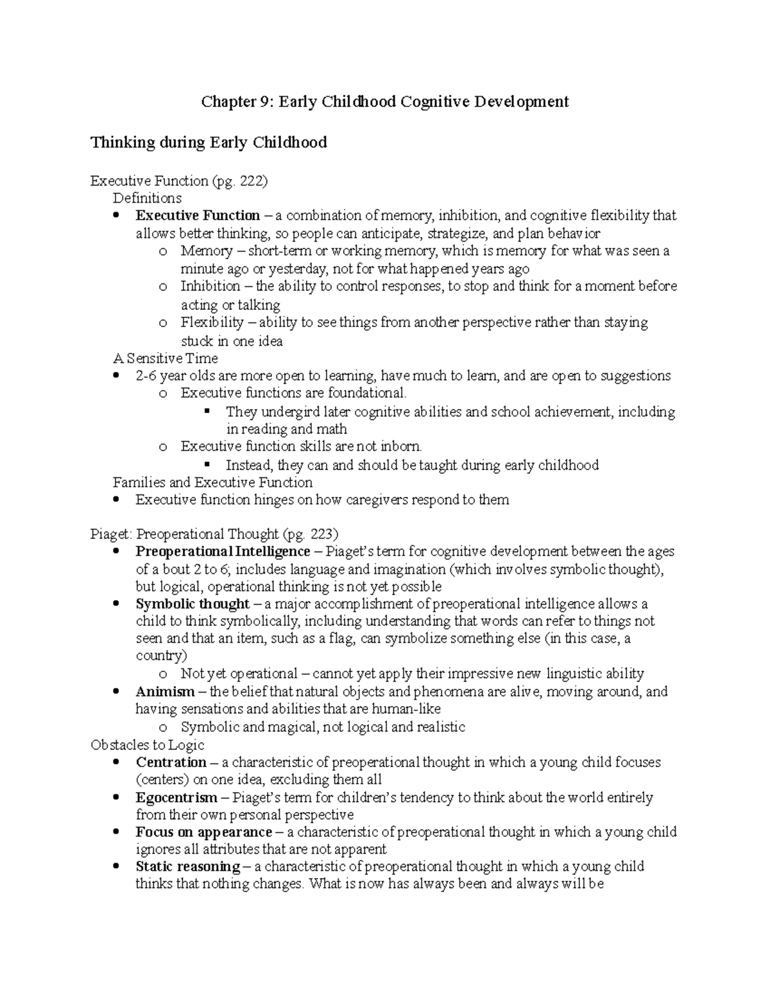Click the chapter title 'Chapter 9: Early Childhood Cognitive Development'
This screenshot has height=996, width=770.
(x=385, y=101)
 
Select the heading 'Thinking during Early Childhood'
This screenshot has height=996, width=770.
(x=209, y=142)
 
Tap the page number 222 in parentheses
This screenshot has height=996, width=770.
(x=250, y=181)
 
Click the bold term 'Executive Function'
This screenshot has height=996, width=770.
(x=198, y=215)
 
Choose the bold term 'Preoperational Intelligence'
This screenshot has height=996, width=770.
(x=223, y=552)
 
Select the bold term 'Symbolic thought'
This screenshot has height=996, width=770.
(x=192, y=604)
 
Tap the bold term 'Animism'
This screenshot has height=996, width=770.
(x=165, y=692)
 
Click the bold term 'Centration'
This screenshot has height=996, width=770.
(x=171, y=763)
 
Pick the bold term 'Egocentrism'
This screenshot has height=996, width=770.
(x=176, y=798)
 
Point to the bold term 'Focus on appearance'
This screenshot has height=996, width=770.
(x=204, y=832)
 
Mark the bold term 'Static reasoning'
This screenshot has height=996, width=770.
(x=187, y=867)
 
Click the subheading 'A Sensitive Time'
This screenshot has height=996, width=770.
(x=166, y=358)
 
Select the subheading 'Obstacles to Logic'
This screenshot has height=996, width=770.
(x=148, y=745)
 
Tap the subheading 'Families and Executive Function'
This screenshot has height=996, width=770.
(x=212, y=482)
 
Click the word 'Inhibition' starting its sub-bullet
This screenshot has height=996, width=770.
(x=210, y=286)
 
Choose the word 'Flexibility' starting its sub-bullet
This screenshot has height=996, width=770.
(x=212, y=322)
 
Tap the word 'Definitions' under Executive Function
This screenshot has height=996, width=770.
(x=147, y=198)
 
